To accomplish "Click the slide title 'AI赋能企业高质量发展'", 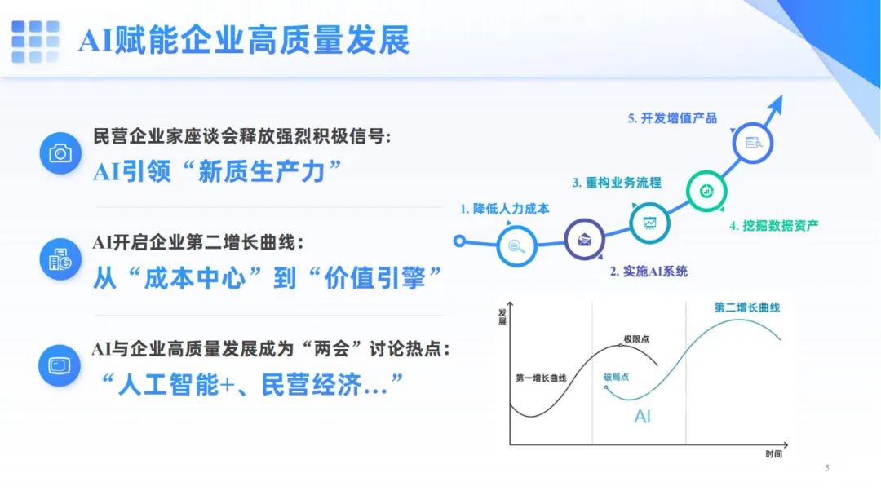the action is pyautogui.click(x=244, y=41).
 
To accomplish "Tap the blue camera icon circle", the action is pyautogui.click(x=60, y=152).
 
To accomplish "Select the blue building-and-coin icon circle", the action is pyautogui.click(x=60, y=259).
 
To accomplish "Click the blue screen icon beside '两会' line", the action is pyautogui.click(x=60, y=366).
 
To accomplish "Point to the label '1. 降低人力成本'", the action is pyautogui.click(x=505, y=209).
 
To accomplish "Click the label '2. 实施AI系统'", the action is pyautogui.click(x=649, y=272).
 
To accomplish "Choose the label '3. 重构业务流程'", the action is pyautogui.click(x=617, y=183).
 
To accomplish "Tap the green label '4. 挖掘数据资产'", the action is pyautogui.click(x=773, y=226).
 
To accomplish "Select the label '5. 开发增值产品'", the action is pyautogui.click(x=672, y=118).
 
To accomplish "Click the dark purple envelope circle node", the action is pyautogui.click(x=584, y=240).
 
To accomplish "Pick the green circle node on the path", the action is pyautogui.click(x=706, y=191).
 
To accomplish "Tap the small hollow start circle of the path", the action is pyautogui.click(x=459, y=241).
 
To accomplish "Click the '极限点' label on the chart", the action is pyautogui.click(x=636, y=339).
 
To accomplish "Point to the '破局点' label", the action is pyautogui.click(x=617, y=377).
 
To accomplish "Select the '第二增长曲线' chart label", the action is pyautogui.click(x=747, y=307).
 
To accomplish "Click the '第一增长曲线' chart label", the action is pyautogui.click(x=541, y=378).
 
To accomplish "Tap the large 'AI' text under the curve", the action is pyautogui.click(x=642, y=417).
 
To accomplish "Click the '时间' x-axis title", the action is pyautogui.click(x=773, y=454).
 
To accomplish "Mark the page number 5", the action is pyautogui.click(x=827, y=467).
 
